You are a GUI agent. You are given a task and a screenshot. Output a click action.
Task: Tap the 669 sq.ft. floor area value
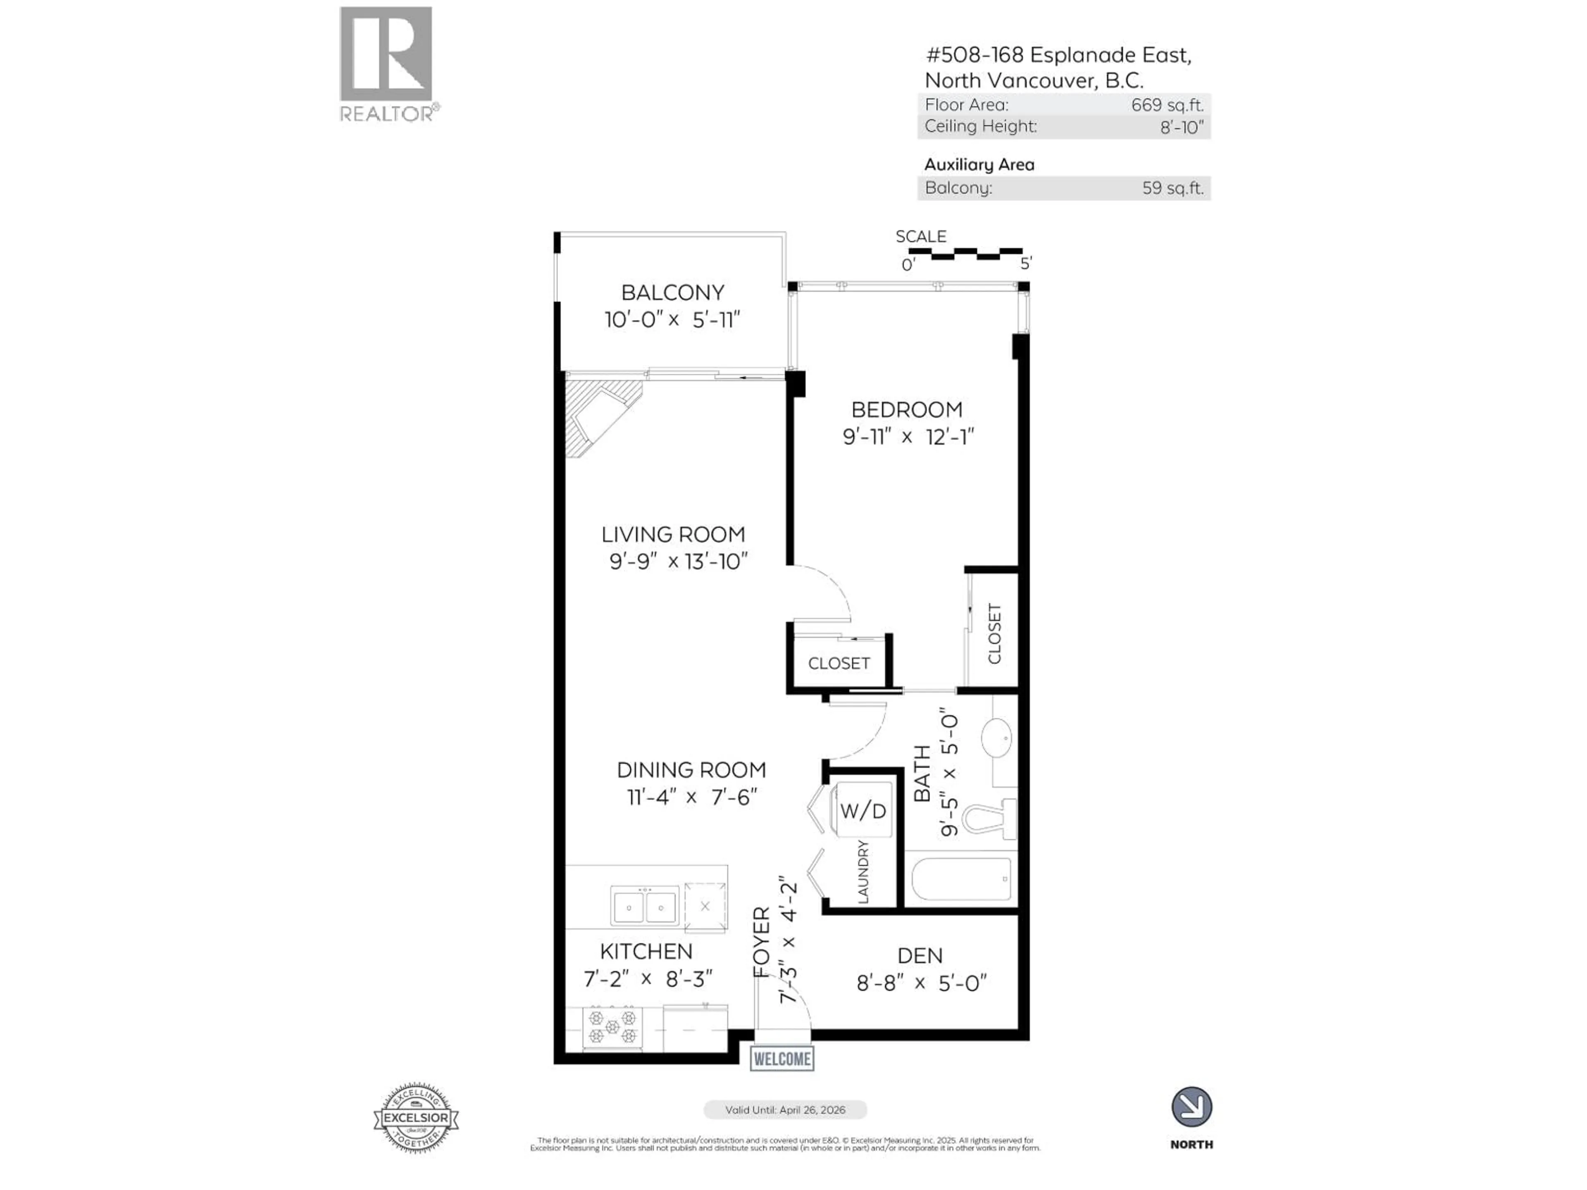click(x=1167, y=105)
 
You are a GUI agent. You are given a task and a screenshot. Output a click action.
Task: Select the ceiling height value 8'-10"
click(x=1181, y=127)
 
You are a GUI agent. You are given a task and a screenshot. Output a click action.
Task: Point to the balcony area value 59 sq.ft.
click(x=1172, y=188)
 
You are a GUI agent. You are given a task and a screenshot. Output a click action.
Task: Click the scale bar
click(x=965, y=252)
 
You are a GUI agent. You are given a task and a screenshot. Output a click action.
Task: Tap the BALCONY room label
click(x=672, y=293)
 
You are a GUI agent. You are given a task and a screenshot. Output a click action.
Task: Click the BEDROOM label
click(x=907, y=409)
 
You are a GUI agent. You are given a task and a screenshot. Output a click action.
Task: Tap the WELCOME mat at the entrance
click(x=782, y=1059)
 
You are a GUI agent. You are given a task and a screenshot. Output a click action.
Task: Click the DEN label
click(x=920, y=955)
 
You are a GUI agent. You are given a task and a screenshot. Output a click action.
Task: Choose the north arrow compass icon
click(x=1191, y=1107)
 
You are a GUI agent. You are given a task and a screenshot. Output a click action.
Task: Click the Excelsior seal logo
click(x=416, y=1118)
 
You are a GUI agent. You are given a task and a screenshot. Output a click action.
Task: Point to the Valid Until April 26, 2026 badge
click(x=785, y=1110)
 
